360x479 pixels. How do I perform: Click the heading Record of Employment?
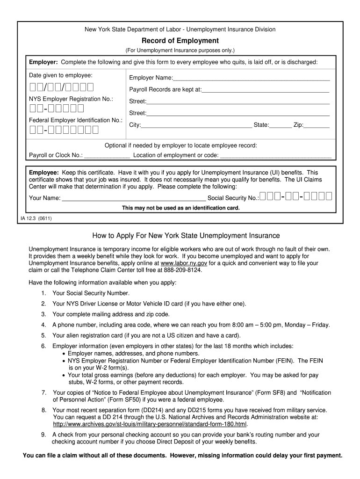pyautogui.click(x=180, y=41)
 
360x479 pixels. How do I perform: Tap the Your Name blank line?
pyautogui.click(x=134, y=198)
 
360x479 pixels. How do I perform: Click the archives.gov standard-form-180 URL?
pyautogui.click(x=150, y=424)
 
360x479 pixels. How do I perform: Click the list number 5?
pyautogui.click(x=43, y=335)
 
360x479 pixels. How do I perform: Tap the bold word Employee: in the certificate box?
pyautogui.click(x=44, y=173)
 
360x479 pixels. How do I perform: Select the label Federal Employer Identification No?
pyautogui.click(x=75, y=120)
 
